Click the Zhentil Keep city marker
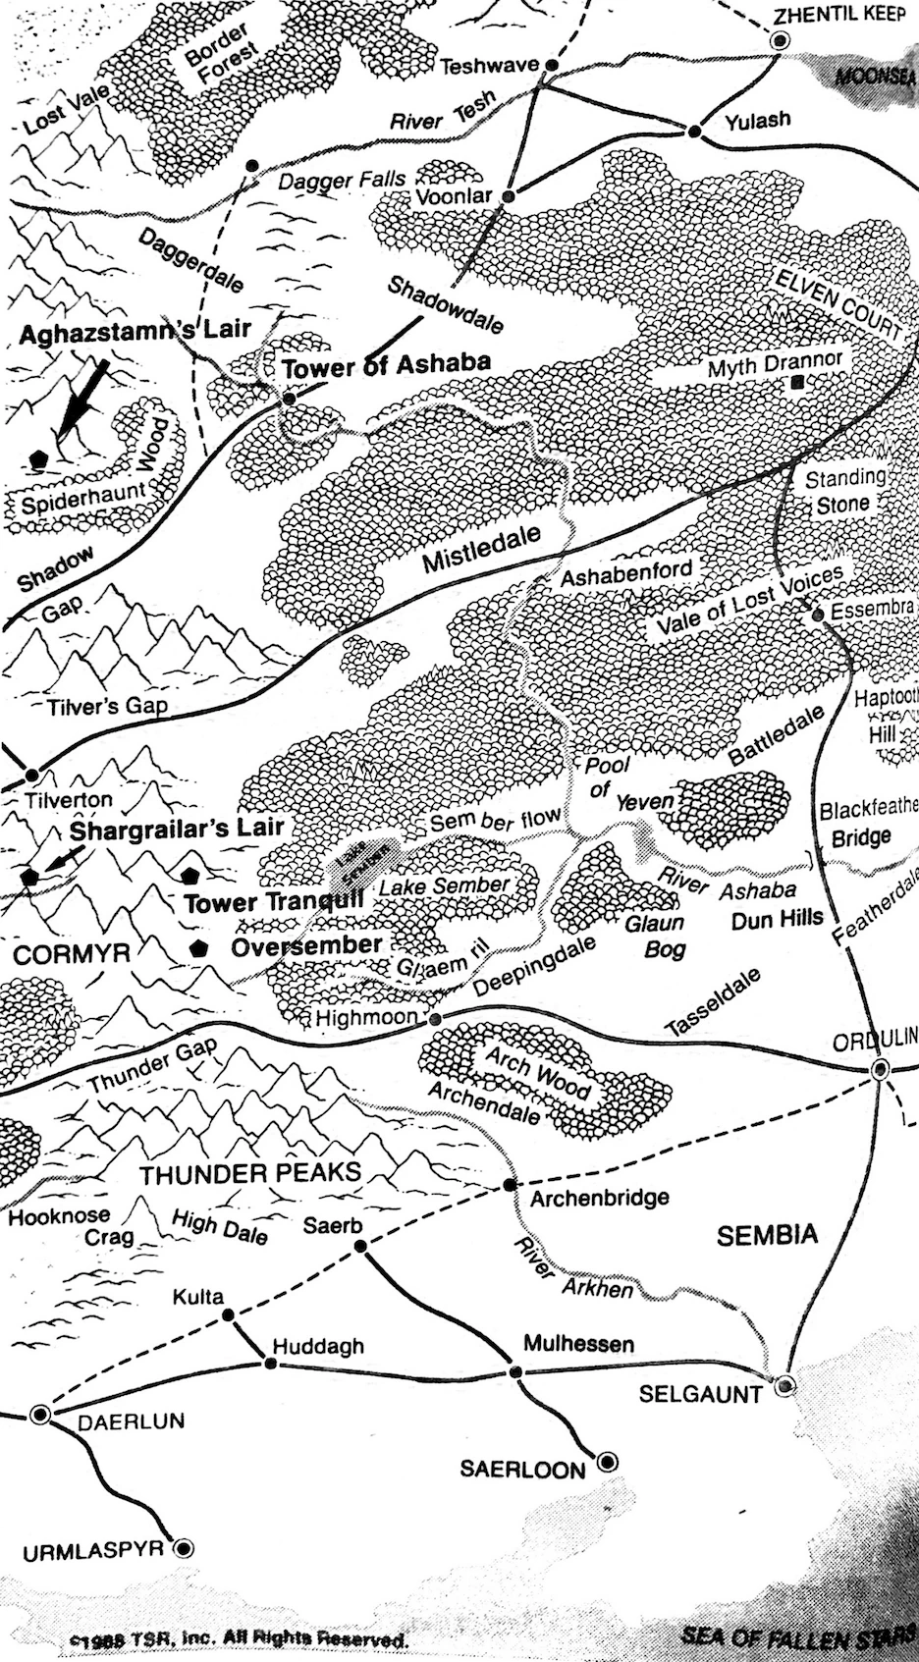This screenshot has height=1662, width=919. pyautogui.click(x=781, y=40)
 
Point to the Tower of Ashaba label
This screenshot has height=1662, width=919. pyautogui.click(x=386, y=365)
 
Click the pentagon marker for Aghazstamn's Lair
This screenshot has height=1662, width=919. pyautogui.click(x=39, y=457)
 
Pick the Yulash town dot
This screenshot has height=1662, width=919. pyautogui.click(x=695, y=131)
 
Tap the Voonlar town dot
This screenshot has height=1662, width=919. pyautogui.click(x=509, y=196)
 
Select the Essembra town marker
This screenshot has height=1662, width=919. pyautogui.click(x=817, y=616)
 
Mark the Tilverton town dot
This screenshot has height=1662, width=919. pyautogui.click(x=31, y=775)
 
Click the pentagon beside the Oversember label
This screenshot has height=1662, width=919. pyautogui.click(x=199, y=948)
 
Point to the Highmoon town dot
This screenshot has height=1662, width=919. pyautogui.click(x=435, y=1018)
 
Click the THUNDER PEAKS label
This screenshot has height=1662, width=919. pyautogui.click(x=250, y=1173)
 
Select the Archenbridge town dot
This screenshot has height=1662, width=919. pyautogui.click(x=509, y=1185)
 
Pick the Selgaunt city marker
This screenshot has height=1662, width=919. pyautogui.click(x=784, y=1386)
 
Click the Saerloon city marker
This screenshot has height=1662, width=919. pyautogui.click(x=608, y=1462)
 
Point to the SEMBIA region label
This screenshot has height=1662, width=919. pyautogui.click(x=767, y=1235)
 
